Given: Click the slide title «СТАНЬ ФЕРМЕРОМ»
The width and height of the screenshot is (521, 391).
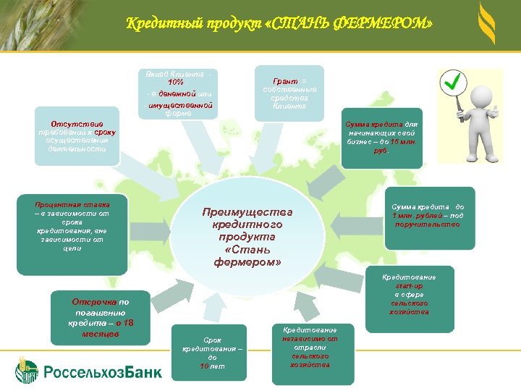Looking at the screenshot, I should click(279, 24).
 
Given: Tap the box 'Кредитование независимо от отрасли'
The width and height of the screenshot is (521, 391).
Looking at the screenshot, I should click(310, 347).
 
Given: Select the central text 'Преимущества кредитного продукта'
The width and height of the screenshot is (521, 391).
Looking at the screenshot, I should click(247, 236).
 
